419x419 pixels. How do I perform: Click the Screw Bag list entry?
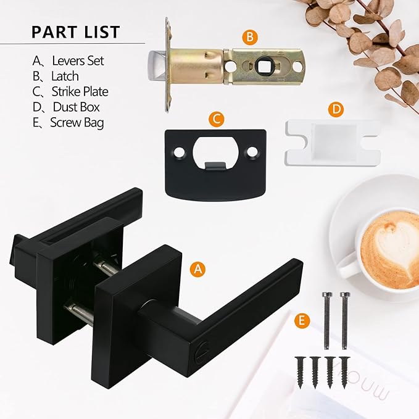[68, 122]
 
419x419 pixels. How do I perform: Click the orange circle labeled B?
[249, 38]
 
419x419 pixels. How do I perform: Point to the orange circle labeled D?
[336, 109]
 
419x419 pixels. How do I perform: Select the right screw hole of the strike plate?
[252, 151]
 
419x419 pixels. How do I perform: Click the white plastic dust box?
[331, 142]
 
